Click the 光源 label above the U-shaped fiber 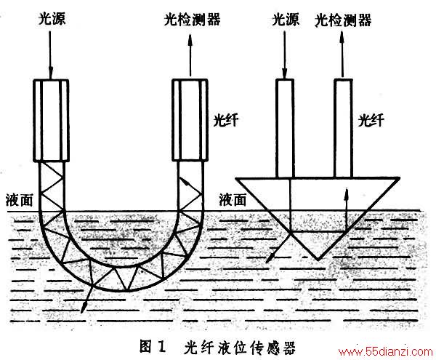pyautogui.click(x=52, y=19)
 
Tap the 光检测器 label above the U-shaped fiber pyautogui.click(x=192, y=19)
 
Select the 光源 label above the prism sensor pyautogui.click(x=286, y=19)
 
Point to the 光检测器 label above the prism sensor pyautogui.click(x=343, y=20)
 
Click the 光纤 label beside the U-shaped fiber pyautogui.click(x=225, y=120)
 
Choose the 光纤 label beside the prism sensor pyautogui.click(x=371, y=120)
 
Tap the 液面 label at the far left pyautogui.click(x=19, y=200)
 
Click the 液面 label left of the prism pyautogui.click(x=233, y=199)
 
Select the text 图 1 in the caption pyautogui.click(x=153, y=346)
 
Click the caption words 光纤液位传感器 pyautogui.click(x=239, y=347)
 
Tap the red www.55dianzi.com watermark pyautogui.click(x=385, y=352)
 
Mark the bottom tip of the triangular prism pyautogui.click(x=318, y=260)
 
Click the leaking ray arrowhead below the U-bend pyautogui.click(x=84, y=308)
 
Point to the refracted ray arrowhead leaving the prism pyautogui.click(x=269, y=258)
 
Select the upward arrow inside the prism pyautogui.click(x=346, y=210)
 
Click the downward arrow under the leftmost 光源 pyautogui.click(x=50, y=55)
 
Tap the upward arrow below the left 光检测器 pyautogui.click(x=190, y=55)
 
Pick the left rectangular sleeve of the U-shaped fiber pyautogui.click(x=51, y=121)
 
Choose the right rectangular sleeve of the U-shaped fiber pyautogui.click(x=190, y=120)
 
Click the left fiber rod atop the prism pyautogui.click(x=285, y=128)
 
